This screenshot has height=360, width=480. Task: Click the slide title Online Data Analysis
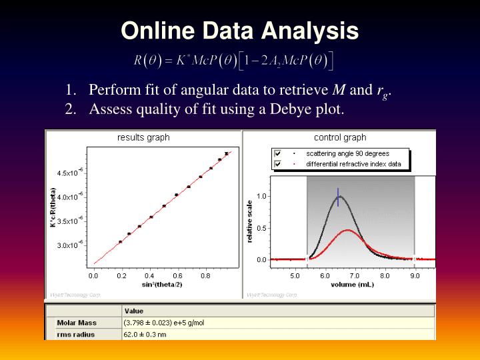click(x=240, y=31)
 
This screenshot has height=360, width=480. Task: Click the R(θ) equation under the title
click(x=234, y=61)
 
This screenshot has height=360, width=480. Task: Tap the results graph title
click(x=143, y=138)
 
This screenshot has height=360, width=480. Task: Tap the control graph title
click(x=340, y=138)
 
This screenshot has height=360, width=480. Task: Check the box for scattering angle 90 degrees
click(x=278, y=153)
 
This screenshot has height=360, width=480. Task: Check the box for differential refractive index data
click(x=278, y=164)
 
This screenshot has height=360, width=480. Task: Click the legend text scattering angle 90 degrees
click(x=347, y=153)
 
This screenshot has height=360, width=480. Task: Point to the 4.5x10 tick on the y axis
click(x=69, y=173)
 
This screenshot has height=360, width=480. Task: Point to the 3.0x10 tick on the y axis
click(x=69, y=245)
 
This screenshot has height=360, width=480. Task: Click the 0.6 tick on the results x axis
click(x=177, y=275)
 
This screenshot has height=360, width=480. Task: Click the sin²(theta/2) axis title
click(x=162, y=283)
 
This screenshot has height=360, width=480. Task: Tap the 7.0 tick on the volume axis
click(x=355, y=275)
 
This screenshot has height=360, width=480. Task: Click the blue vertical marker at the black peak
click(x=338, y=197)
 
